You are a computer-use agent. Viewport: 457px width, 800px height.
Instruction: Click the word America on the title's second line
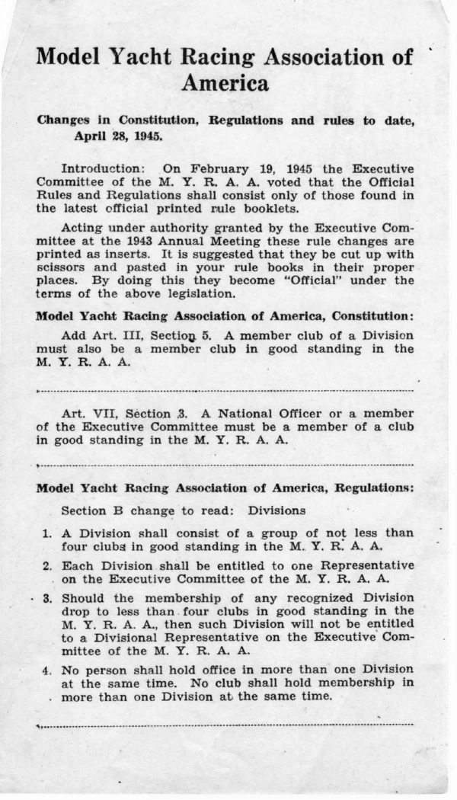(x=225, y=83)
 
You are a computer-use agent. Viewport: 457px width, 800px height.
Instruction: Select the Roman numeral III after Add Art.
(x=130, y=335)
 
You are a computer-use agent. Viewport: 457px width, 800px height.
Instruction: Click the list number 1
(x=46, y=533)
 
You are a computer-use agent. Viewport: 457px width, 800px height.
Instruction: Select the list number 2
(x=46, y=567)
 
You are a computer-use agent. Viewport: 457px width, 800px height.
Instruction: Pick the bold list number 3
(x=46, y=598)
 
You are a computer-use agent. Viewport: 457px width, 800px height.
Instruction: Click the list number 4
(x=46, y=670)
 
